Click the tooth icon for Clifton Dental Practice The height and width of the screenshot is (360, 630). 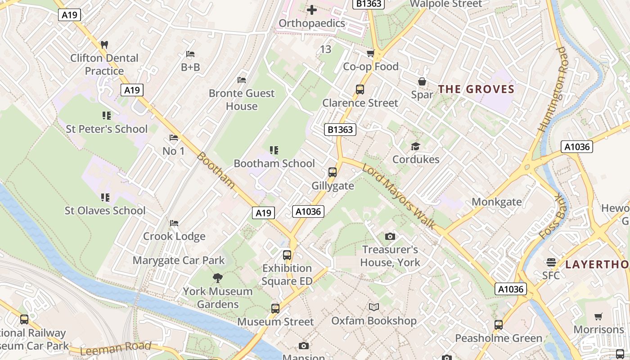click(104, 45)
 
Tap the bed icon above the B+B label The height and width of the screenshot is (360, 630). click(190, 54)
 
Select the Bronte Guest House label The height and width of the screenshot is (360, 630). click(242, 99)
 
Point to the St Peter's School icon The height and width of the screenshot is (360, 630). click(106, 116)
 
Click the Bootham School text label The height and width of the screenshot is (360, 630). click(274, 163)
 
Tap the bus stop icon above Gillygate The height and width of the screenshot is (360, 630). click(333, 172)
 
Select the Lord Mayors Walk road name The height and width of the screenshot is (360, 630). click(399, 196)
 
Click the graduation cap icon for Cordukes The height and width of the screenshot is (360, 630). click(415, 146)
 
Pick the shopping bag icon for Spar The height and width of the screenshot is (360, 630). click(422, 81)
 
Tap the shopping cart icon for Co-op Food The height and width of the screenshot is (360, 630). click(370, 54)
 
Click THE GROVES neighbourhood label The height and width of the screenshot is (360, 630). click(476, 89)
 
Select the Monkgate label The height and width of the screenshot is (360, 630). click(496, 202)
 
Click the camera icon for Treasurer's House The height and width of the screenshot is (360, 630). click(390, 236)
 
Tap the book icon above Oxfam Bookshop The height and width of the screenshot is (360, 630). click(373, 307)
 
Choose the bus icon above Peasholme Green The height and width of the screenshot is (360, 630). click(498, 324)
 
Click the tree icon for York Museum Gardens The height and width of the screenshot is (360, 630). click(218, 278)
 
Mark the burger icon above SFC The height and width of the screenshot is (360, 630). click(551, 262)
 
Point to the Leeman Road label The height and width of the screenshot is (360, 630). click(116, 348)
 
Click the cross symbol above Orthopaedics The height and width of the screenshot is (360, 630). click(311, 9)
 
